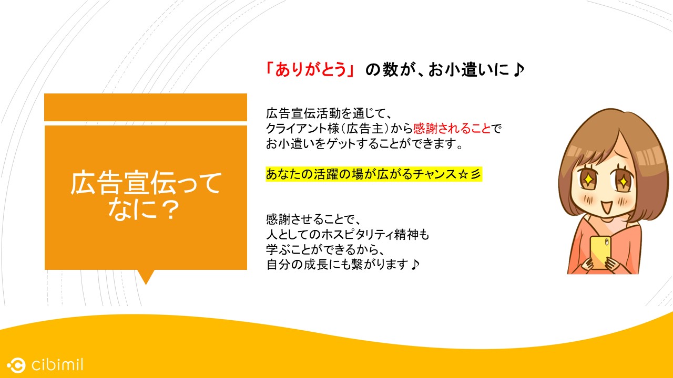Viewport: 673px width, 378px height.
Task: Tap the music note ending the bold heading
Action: (x=518, y=70)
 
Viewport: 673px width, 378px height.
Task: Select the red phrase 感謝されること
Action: (x=452, y=129)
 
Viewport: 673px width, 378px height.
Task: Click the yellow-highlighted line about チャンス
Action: (x=374, y=174)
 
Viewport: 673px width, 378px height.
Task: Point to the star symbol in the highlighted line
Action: (x=463, y=174)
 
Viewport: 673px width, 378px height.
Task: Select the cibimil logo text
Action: (x=57, y=365)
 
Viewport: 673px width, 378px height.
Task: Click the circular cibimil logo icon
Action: (x=16, y=365)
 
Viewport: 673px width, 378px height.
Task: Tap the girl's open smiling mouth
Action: (x=606, y=207)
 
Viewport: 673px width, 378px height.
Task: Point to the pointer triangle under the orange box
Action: (x=146, y=277)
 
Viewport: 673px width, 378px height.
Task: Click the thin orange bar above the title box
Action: (x=146, y=108)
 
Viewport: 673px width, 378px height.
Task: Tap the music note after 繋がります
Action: (x=415, y=265)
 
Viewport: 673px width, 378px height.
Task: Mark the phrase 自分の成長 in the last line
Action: (x=297, y=265)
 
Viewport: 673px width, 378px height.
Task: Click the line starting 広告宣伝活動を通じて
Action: (x=329, y=114)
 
